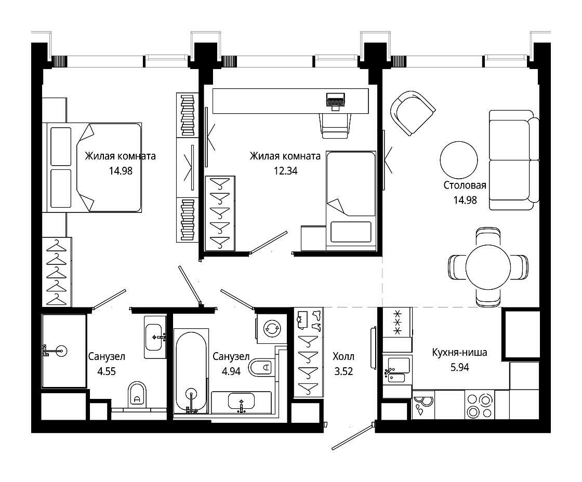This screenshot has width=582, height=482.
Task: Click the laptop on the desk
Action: [336, 101]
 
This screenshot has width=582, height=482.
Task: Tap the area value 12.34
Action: [285, 171]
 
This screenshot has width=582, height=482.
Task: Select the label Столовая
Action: [465, 185]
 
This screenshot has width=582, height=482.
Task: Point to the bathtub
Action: [191, 370]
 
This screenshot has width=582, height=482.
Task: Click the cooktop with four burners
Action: [480, 405]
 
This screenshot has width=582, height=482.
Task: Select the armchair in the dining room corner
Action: [413, 113]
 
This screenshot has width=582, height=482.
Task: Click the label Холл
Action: [343, 357]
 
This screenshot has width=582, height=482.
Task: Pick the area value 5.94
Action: [459, 367]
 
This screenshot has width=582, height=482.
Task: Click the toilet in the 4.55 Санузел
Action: [137, 395]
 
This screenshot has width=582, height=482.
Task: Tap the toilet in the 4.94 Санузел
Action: [261, 367]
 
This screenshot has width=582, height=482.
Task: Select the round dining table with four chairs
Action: [488, 267]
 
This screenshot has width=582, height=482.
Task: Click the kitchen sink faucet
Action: [389, 371]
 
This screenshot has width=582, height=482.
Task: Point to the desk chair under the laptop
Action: [336, 126]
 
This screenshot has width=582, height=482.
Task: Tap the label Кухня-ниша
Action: [459, 352]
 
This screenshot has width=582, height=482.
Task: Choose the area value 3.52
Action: [343, 371]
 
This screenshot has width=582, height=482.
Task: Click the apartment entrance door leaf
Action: [352, 437]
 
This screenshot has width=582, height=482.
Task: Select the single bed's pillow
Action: [351, 231]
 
